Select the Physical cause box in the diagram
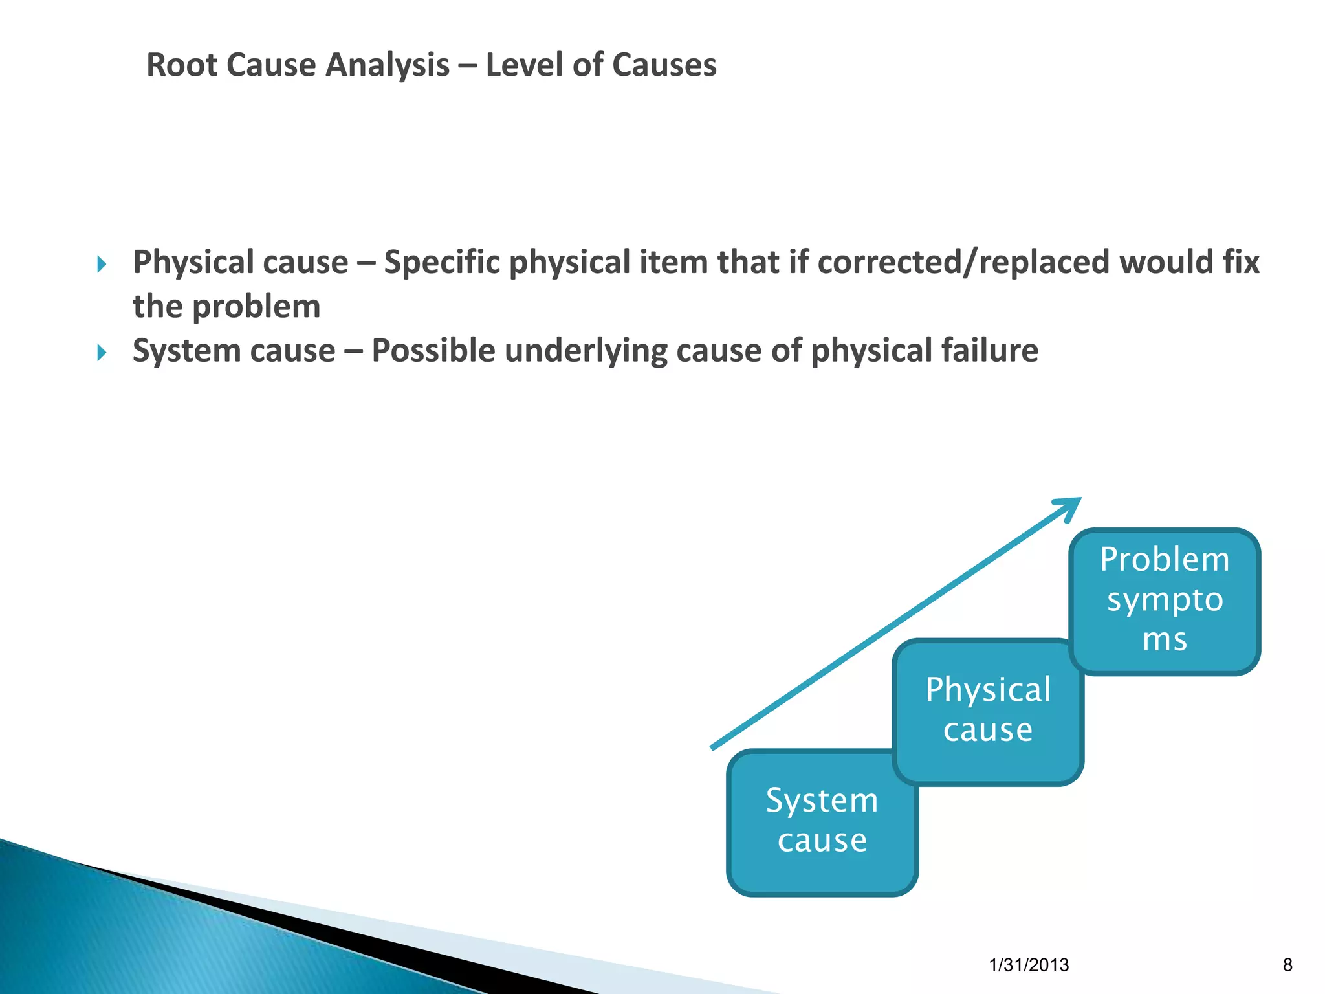click(987, 712)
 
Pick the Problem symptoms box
click(1165, 601)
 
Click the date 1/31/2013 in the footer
click(1029, 965)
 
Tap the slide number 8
click(1287, 965)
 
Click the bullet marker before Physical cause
click(102, 264)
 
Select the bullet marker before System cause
click(102, 353)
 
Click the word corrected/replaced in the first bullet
click(963, 263)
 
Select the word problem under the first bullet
click(256, 307)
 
